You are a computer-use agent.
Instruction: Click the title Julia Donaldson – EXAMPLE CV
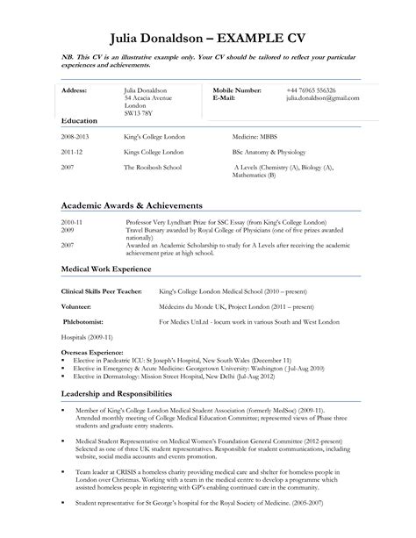point(207,39)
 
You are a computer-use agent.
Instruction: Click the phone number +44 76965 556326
point(310,90)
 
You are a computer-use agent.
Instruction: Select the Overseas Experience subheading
point(93,350)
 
